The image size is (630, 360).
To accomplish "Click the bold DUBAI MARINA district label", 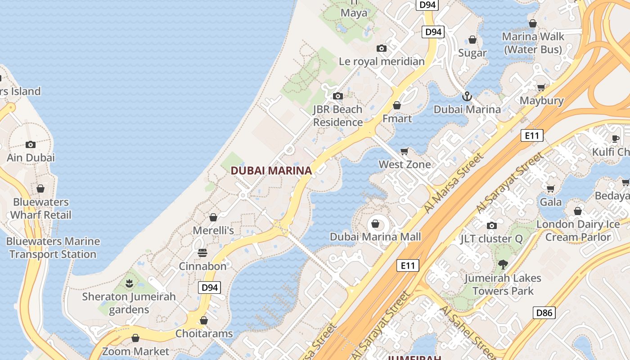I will coord(271,171).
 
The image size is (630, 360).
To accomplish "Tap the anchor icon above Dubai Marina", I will coord(467,96).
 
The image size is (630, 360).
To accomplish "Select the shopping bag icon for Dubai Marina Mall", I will coord(375,224).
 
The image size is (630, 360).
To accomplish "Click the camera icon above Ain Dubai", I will coord(31,144).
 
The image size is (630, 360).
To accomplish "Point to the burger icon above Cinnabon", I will coord(202,253).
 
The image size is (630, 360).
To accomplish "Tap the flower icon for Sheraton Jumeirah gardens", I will coord(129,283).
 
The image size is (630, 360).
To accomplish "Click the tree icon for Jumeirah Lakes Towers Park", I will coord(503,265).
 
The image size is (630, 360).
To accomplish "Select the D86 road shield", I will coord(544,313).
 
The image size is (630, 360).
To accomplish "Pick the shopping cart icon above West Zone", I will coord(405,151).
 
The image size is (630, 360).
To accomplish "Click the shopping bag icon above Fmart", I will coord(397,105).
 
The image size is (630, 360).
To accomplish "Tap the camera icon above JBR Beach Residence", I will coord(337,96).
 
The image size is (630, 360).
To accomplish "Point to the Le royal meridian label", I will coord(382,62).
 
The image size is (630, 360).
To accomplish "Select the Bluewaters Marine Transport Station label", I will coord(53,247).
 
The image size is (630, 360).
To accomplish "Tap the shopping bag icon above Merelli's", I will coord(213,217).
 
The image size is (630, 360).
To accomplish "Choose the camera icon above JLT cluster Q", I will coord(491,225).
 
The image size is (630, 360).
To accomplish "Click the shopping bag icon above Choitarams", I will coord(204,320).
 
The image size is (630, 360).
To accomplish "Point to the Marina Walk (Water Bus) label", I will coord(533,43).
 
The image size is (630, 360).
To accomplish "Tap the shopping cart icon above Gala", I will coord(550,189).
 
